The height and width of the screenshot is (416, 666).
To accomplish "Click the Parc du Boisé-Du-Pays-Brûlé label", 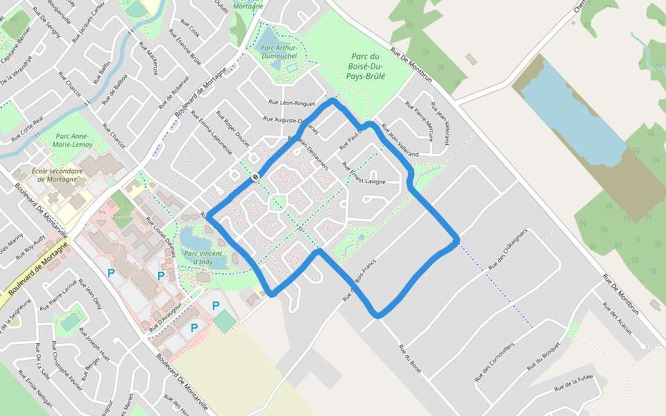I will point(367,67).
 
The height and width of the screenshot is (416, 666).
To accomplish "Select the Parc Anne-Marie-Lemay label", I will point(74,140).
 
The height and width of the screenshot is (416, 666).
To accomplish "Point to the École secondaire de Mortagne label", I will point(58,175).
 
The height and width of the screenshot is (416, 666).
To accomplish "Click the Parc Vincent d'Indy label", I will point(203,257).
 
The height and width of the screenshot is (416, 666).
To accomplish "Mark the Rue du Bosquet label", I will point(543,356).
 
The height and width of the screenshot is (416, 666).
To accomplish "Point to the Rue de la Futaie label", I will point(574,383).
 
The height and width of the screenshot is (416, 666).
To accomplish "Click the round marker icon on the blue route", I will point(256,177).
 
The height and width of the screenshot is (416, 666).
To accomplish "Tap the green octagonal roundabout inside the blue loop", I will point(277,203).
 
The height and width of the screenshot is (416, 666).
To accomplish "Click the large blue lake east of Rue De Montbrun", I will point(569,111).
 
